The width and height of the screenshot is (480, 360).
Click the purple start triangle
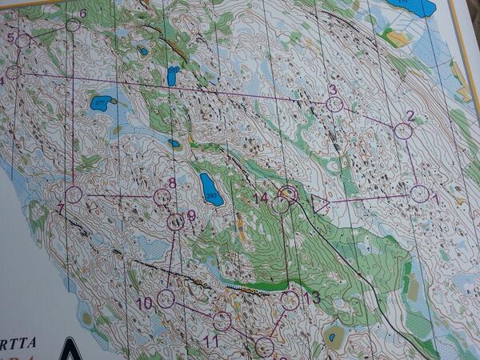(322, 204)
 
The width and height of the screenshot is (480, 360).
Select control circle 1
(419, 194)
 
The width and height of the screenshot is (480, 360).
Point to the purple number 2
(410, 116)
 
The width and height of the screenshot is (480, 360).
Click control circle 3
(334, 104)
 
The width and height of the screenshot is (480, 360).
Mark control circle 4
(13, 72)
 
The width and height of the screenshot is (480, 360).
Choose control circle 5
(23, 41)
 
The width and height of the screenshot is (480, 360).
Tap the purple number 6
(82, 14)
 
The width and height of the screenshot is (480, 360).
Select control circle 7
(74, 194)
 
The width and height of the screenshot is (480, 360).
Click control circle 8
(162, 197)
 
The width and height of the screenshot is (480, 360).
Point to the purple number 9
(191, 214)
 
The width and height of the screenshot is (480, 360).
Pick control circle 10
(166, 299)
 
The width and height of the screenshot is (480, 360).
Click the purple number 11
(211, 342)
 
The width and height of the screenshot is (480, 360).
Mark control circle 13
(290, 301)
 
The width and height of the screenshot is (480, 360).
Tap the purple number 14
(261, 198)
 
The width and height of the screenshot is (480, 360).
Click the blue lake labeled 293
(211, 189)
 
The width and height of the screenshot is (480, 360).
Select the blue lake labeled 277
(101, 103)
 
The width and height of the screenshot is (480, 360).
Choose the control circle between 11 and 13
(265, 347)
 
